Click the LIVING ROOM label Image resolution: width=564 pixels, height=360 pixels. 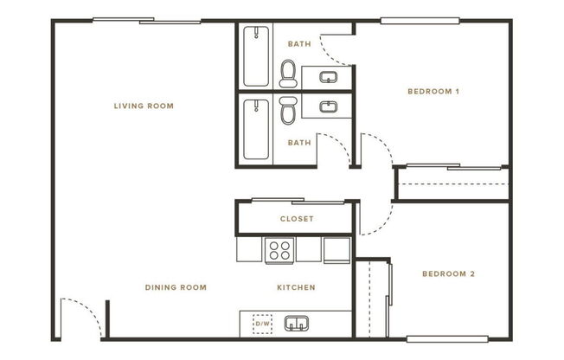coord(144,106)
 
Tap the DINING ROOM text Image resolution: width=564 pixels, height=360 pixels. coord(176,287)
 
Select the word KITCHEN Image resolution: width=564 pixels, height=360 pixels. coord(296,287)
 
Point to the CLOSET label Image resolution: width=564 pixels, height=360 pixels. coord(297,219)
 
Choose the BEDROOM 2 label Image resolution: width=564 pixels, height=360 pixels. coord(448,274)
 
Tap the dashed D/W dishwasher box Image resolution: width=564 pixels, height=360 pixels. coord(261,324)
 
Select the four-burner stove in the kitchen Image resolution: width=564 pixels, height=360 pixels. coord(279,249)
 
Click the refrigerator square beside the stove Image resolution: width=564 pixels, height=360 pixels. coord(336,249)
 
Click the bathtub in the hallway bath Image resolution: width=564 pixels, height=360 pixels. coord(256,130)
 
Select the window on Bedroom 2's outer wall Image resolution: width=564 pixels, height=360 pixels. coord(441,338)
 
